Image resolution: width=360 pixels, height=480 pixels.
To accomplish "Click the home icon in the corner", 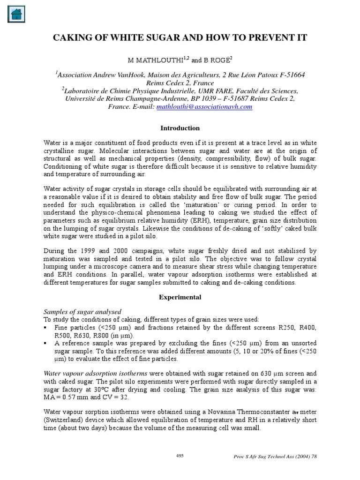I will (x=16, y=14).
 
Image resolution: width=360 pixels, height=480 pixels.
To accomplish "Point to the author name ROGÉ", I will (x=216, y=60).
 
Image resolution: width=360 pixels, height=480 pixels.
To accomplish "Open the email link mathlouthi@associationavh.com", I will (x=204, y=107).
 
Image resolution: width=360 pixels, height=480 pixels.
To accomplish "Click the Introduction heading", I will (x=180, y=128).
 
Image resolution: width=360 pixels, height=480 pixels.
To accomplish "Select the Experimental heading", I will (x=180, y=297).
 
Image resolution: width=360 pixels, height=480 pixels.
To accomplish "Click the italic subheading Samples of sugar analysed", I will (x=82, y=312).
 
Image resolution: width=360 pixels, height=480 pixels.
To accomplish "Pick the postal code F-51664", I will (x=289, y=75).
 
